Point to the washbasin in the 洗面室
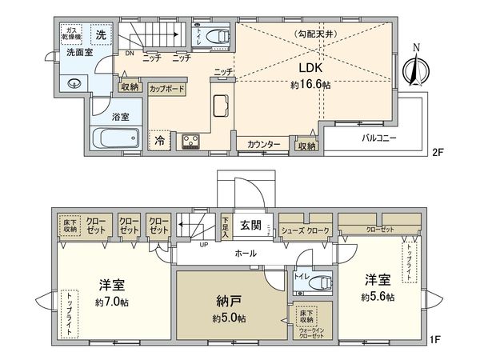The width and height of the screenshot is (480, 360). (x=74, y=82)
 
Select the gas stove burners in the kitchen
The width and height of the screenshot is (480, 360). (x=192, y=142)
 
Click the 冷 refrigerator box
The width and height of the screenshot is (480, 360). (x=159, y=141)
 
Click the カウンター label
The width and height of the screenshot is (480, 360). (x=263, y=145)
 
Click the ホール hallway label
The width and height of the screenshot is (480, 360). (x=245, y=253)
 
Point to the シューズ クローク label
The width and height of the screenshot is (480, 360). (x=305, y=230)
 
